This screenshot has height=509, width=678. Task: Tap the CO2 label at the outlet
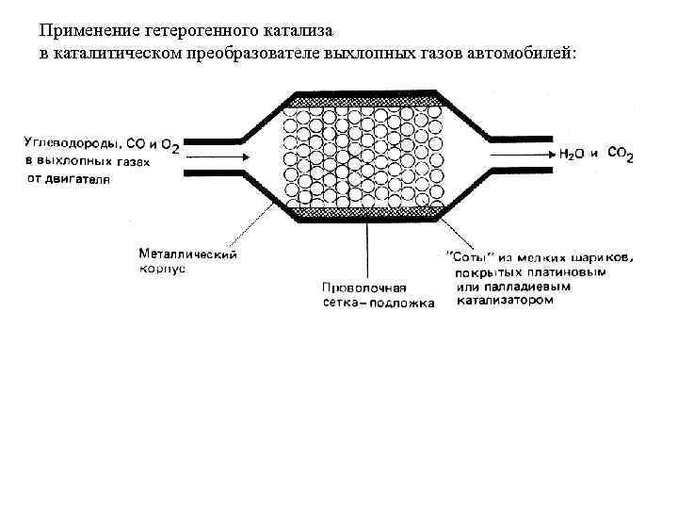[621, 153]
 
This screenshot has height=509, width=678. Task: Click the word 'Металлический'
[187, 254]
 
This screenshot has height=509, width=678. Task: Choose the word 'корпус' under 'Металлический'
[162, 268]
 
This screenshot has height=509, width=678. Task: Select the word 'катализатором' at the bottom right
[506, 303]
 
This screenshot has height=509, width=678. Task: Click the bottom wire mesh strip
[362, 214]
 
